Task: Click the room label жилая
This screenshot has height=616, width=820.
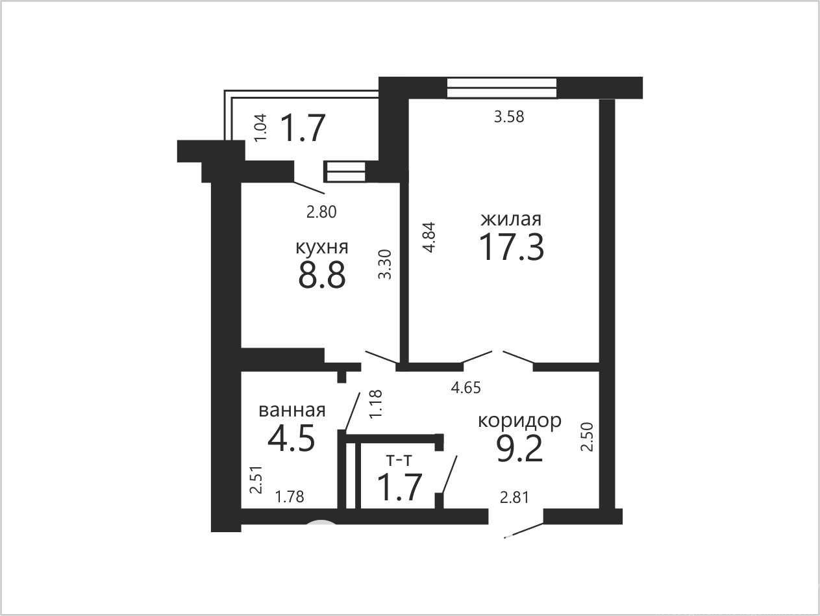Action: tap(511, 220)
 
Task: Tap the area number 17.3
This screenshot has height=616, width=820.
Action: tap(512, 247)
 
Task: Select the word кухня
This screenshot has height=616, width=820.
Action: tap(321, 248)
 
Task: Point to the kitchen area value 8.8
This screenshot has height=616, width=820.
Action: tap(321, 275)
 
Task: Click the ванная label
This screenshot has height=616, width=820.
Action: tap(292, 410)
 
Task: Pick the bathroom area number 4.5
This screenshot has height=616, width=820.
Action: tap(292, 437)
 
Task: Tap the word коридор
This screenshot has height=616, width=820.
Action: tap(519, 421)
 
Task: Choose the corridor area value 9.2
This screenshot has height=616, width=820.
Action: tap(519, 449)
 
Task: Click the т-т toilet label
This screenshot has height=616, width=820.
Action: tap(399, 461)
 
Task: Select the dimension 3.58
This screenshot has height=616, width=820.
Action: tap(509, 117)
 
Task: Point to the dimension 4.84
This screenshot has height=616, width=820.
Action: tap(429, 237)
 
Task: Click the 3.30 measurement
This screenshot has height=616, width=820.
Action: tap(384, 264)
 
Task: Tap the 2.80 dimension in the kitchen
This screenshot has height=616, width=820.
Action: tap(321, 212)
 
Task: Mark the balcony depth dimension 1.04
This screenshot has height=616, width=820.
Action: tap(261, 127)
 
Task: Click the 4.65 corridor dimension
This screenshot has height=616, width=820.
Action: tap(466, 388)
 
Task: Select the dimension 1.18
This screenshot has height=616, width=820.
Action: tap(376, 404)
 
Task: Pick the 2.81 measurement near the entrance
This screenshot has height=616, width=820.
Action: tap(514, 498)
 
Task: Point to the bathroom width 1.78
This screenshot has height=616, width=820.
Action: tap(290, 496)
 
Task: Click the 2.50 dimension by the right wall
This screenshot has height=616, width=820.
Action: tap(588, 437)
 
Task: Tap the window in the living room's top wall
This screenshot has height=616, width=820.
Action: tap(502, 88)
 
